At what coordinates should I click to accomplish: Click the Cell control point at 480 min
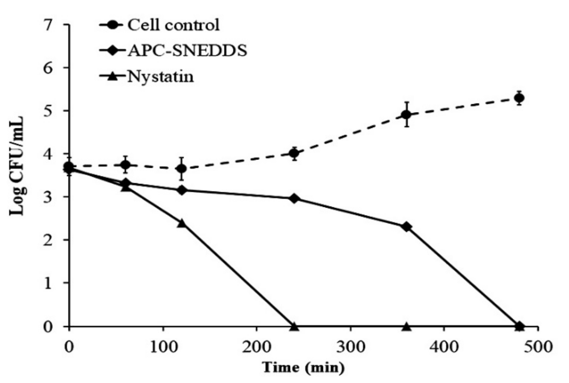click(519, 98)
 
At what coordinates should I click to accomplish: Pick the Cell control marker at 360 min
click(407, 115)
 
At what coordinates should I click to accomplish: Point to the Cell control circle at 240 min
click(294, 153)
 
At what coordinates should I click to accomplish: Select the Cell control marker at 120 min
click(182, 169)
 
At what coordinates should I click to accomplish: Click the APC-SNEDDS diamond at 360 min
click(407, 227)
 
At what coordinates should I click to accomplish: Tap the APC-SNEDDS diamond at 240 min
click(294, 199)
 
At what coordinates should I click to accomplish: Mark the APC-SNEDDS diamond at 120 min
click(182, 190)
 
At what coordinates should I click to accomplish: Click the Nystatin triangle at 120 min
click(182, 223)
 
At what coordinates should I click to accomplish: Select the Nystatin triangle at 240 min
click(294, 326)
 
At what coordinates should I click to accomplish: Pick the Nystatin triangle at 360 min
click(407, 326)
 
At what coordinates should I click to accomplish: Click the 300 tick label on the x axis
click(350, 347)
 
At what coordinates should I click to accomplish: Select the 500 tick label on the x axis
click(538, 347)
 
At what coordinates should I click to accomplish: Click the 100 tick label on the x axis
click(163, 347)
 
